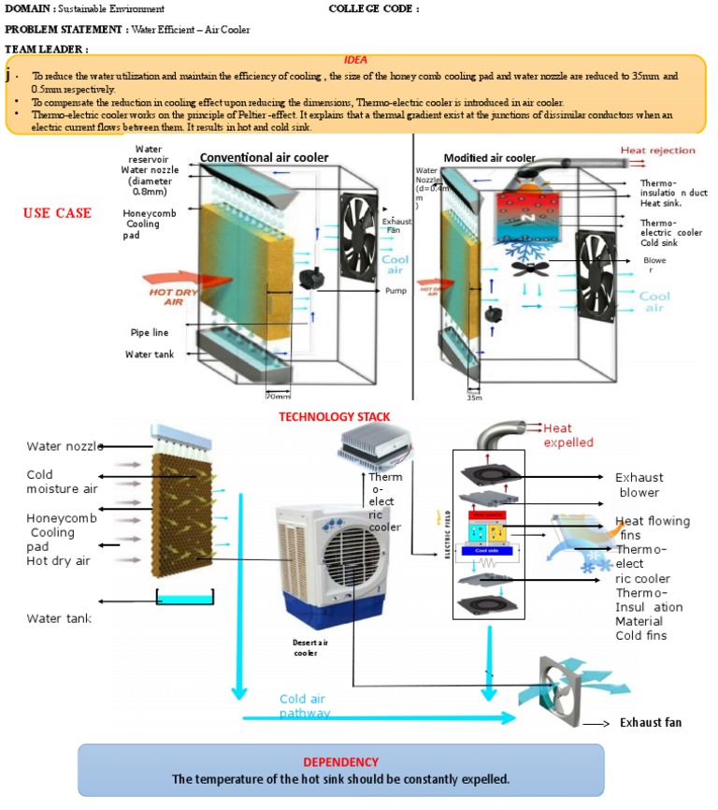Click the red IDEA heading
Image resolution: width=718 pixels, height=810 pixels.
pyautogui.click(x=355, y=59)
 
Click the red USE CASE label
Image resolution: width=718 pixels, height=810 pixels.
pyautogui.click(x=57, y=213)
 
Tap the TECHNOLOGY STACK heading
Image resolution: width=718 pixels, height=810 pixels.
pyautogui.click(x=334, y=416)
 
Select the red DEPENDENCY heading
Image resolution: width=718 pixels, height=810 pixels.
pyautogui.click(x=340, y=761)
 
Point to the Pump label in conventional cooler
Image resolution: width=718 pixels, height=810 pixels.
pyautogui.click(x=395, y=291)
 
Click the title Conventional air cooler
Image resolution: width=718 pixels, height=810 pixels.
pyautogui.click(x=264, y=158)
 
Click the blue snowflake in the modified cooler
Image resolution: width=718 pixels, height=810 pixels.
pyautogui.click(x=535, y=250)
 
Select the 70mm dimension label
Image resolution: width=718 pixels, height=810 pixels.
pyautogui.click(x=279, y=395)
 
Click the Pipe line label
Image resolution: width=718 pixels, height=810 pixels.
pyautogui.click(x=147, y=332)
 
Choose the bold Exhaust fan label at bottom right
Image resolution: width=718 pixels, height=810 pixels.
pyautogui.click(x=651, y=723)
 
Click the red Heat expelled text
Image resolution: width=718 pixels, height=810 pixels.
pyautogui.click(x=569, y=435)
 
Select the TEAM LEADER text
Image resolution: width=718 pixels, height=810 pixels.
pyautogui.click(x=46, y=49)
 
